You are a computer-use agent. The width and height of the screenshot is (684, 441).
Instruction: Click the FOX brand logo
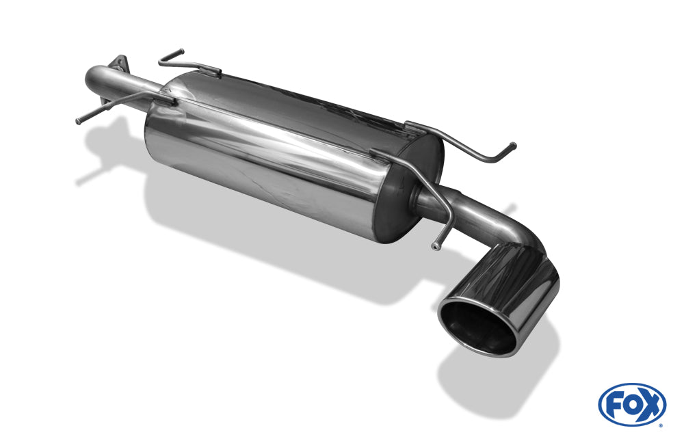coord(631,404)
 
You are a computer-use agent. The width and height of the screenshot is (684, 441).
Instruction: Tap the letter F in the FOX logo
coord(614,404)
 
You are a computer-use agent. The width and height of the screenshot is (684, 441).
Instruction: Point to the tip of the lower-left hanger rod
coord(78,122)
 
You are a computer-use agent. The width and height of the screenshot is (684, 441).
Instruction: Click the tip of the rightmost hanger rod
coord(513,144)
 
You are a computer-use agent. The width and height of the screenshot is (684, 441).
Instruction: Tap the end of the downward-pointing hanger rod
coord(435,245)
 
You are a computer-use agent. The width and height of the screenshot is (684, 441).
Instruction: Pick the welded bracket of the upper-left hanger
coord(209,69)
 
